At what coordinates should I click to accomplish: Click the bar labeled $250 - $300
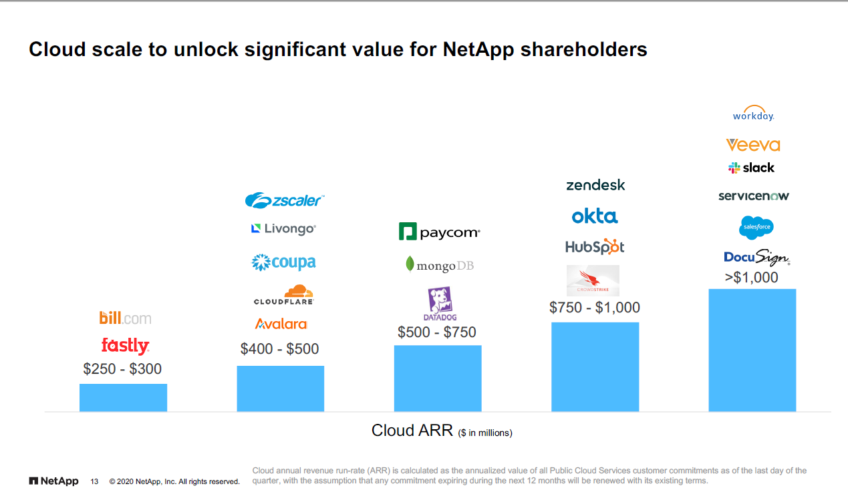tap(123, 397)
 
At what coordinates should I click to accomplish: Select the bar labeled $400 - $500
tap(280, 389)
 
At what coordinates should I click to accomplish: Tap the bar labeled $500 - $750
tap(438, 378)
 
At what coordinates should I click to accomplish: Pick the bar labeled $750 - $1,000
tap(595, 366)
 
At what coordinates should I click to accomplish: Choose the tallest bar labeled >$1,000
tap(752, 350)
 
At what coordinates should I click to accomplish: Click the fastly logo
tap(125, 346)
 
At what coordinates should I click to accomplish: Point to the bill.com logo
tap(125, 318)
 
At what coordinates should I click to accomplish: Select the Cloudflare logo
tap(284, 294)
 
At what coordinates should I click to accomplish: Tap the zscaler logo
tap(284, 200)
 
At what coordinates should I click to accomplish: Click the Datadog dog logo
tap(439, 303)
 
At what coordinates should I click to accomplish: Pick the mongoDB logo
tap(439, 265)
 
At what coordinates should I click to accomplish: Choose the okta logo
tap(595, 216)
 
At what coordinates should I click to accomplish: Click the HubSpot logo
tap(595, 247)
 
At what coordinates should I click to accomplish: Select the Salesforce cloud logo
tap(756, 228)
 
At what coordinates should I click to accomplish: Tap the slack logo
tap(752, 168)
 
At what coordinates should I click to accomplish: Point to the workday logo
tap(753, 114)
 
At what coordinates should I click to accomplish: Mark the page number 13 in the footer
tap(94, 481)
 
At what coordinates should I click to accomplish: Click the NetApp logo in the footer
tap(54, 481)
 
